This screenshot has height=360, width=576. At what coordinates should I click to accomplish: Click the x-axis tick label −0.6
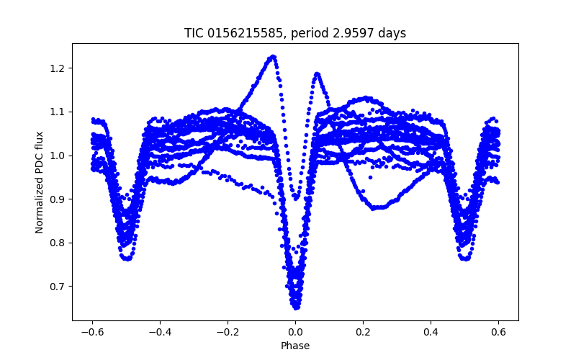[92, 333]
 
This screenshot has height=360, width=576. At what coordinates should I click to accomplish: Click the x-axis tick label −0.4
[160, 333]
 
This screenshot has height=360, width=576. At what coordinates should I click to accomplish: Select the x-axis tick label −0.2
[228, 333]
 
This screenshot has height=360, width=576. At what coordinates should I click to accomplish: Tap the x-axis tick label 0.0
[295, 333]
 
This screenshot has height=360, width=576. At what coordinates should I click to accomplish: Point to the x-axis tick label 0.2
[363, 333]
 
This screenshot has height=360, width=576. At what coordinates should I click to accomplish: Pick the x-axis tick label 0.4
[431, 333]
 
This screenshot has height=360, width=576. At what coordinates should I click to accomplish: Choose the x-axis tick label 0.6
[498, 333]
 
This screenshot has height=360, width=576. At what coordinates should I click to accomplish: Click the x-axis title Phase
[295, 346]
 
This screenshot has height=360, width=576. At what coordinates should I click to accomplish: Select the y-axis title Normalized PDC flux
[40, 181]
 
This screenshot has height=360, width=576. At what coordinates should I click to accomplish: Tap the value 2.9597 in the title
[348, 33]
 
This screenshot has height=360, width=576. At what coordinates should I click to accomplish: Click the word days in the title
[391, 33]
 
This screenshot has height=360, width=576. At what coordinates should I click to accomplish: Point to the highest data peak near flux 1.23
[273, 56]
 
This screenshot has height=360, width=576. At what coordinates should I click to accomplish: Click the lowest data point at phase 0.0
[296, 307]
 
